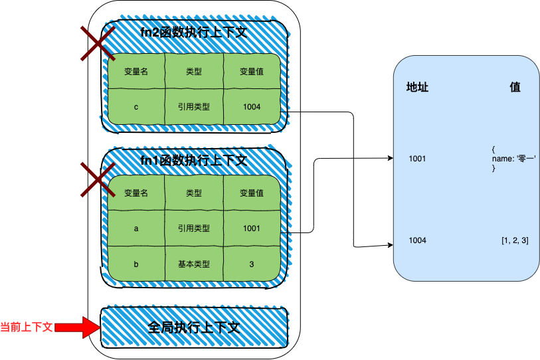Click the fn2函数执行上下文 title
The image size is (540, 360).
tap(194, 33)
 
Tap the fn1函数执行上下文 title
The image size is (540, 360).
tap(194, 160)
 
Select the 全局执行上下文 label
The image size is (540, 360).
tap(194, 327)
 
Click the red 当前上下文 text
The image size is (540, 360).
tap(26, 327)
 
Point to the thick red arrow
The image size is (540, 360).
tap(78, 327)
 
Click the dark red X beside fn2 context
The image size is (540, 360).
tap(98, 44)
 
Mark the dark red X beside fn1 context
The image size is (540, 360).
tap(98, 180)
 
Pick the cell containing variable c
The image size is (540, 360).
tap(136, 107)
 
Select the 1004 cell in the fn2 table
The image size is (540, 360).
tap(252, 107)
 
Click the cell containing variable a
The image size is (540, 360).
tap(136, 228)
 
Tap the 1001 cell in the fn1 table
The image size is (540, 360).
tap(252, 228)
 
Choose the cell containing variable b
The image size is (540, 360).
tap(136, 264)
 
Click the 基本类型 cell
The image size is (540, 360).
tap(194, 264)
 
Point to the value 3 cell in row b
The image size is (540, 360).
tap(252, 264)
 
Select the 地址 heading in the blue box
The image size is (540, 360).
tap(417, 87)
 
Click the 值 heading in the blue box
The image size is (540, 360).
tap(515, 87)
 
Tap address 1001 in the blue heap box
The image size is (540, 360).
tap(417, 159)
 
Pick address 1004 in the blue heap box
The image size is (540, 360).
tap(417, 240)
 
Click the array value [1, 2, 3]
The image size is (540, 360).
tap(515, 240)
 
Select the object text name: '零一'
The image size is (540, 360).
tap(514, 159)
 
